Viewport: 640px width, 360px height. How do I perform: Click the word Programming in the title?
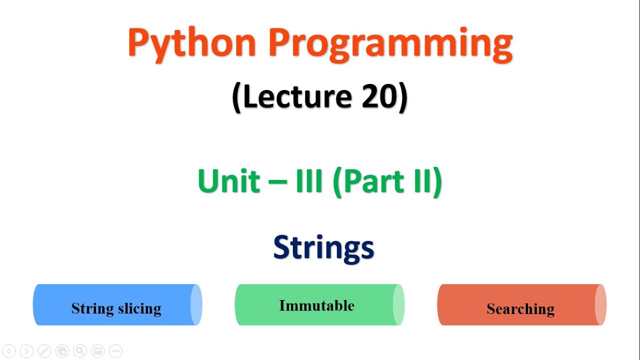(x=390, y=43)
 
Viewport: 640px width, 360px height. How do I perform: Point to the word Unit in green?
(x=229, y=181)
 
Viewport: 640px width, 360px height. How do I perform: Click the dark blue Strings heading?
(x=323, y=247)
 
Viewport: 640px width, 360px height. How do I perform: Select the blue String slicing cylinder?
(x=117, y=305)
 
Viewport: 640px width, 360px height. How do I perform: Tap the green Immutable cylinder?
(x=319, y=305)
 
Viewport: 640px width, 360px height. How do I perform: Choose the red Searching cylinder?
(x=521, y=305)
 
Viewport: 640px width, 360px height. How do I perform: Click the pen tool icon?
(x=44, y=351)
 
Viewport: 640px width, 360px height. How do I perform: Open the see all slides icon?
(x=62, y=351)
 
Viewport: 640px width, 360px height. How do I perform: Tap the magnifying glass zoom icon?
(x=79, y=351)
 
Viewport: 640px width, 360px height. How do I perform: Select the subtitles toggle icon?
(x=97, y=351)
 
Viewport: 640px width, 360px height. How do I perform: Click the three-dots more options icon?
(x=115, y=351)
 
